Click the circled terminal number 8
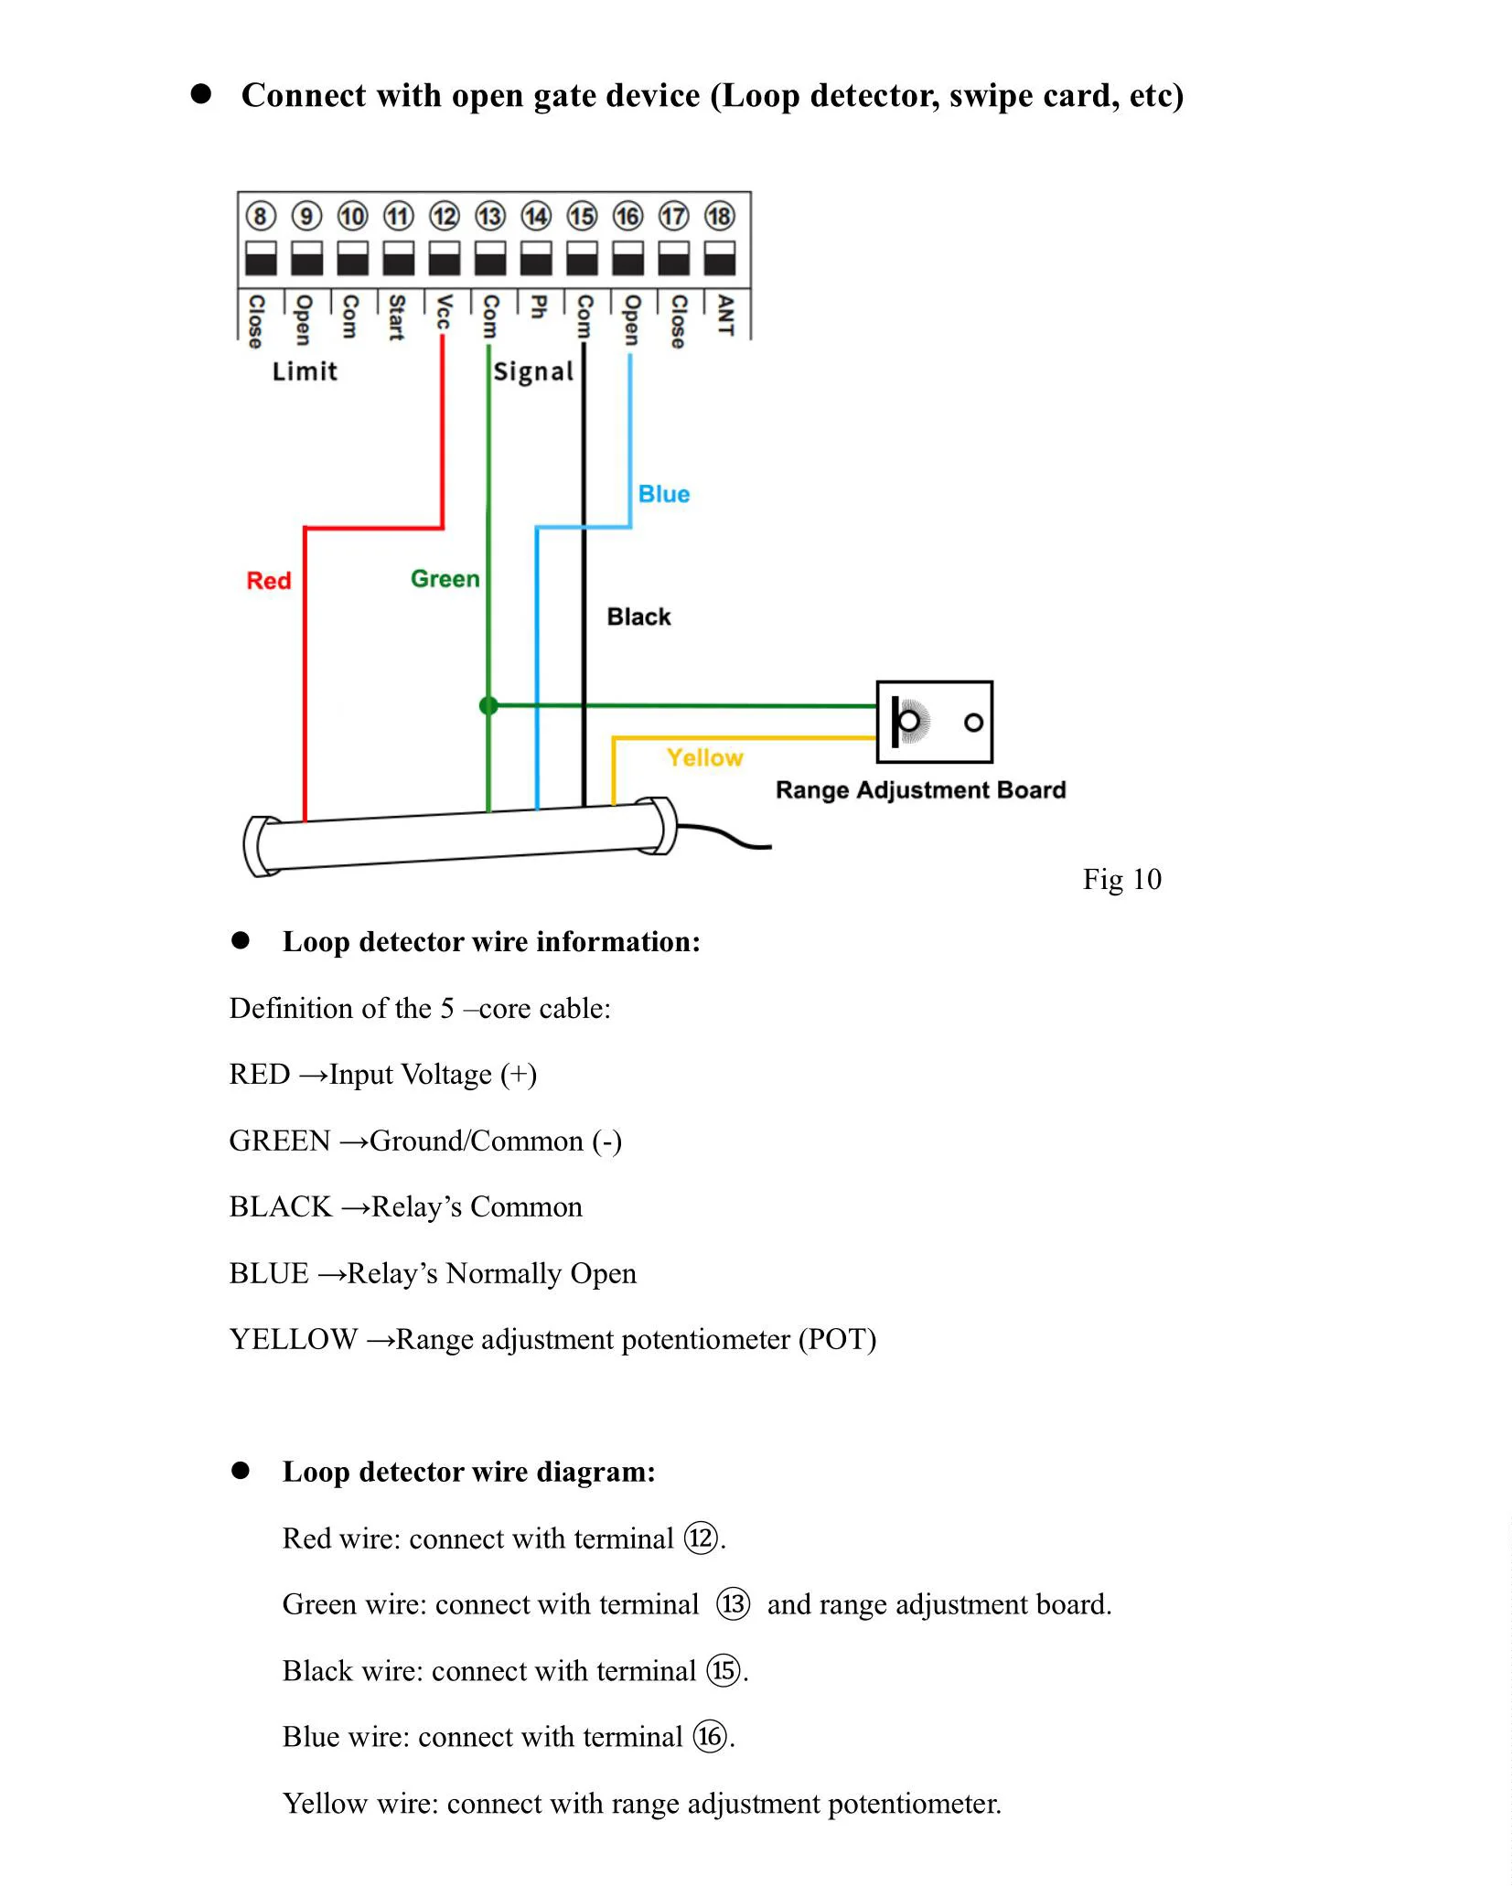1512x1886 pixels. point(261,217)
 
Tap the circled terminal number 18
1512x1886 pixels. point(720,217)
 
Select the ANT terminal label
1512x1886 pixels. point(725,315)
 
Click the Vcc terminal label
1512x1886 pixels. point(444,312)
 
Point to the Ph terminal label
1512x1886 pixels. point(538,306)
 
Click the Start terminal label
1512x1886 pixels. point(397,317)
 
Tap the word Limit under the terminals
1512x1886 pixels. point(305,371)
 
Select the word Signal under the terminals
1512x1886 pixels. point(533,372)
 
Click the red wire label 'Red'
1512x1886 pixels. point(269,581)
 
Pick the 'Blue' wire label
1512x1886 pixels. point(664,494)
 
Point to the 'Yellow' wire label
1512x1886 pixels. point(705,757)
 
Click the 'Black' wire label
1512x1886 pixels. point(639,617)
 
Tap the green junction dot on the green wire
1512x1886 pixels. point(488,705)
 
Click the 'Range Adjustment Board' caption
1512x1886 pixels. point(921,790)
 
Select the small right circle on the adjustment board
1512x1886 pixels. point(974,723)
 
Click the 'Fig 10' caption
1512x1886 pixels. point(1122,879)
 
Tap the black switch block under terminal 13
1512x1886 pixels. point(490,259)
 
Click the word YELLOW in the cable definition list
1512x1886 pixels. point(294,1340)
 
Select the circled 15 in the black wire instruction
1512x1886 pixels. point(724,1670)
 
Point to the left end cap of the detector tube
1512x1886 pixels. point(260,846)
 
